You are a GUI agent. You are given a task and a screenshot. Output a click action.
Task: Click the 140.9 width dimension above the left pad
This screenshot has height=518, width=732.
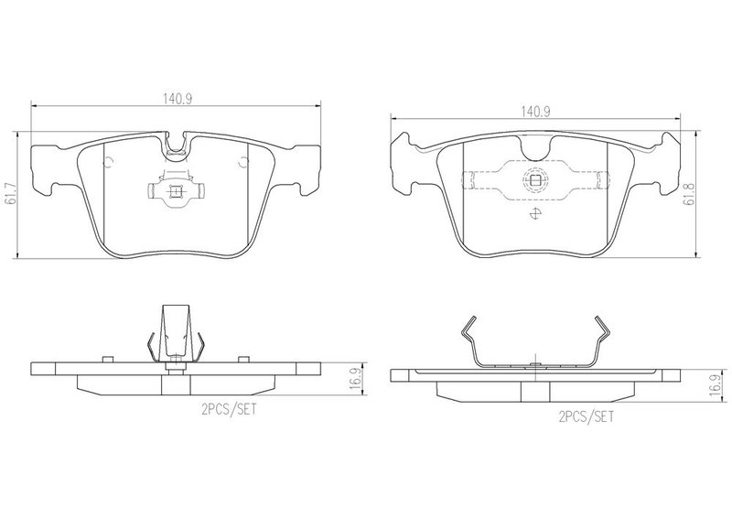coord(178,99)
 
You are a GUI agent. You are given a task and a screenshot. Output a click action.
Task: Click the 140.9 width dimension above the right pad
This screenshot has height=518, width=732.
coord(536,112)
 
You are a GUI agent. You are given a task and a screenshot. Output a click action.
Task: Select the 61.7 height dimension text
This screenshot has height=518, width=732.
coord(10,194)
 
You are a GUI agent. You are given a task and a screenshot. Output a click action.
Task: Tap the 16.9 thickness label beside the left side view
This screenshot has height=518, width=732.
coord(356,378)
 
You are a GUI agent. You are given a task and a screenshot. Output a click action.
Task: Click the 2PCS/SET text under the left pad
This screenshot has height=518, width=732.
coord(229,410)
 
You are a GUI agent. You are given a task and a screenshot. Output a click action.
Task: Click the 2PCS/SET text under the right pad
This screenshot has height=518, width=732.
coord(587,416)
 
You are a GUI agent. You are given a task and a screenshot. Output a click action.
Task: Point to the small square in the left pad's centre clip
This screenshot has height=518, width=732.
coord(175,191)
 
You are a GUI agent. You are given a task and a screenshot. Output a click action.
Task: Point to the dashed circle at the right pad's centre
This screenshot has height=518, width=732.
coord(535,179)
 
